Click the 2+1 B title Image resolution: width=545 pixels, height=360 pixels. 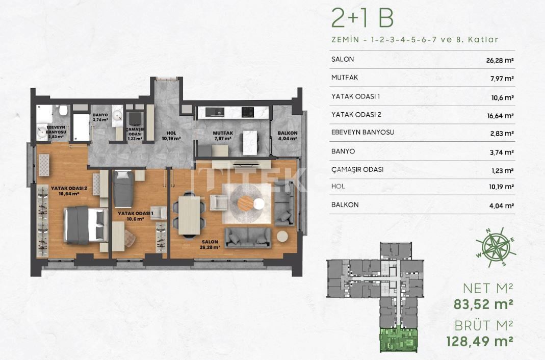point(362,19)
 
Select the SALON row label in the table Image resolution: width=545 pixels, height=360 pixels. point(342,59)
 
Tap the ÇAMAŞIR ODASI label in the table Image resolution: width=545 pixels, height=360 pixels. point(357,169)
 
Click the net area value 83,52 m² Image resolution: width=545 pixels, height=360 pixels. point(483,304)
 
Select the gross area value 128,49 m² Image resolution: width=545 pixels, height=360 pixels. point(479,340)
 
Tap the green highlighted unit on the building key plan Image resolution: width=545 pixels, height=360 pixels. point(399,340)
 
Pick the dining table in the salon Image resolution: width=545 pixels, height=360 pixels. point(189,215)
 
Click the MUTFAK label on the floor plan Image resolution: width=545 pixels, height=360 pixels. point(222,133)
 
